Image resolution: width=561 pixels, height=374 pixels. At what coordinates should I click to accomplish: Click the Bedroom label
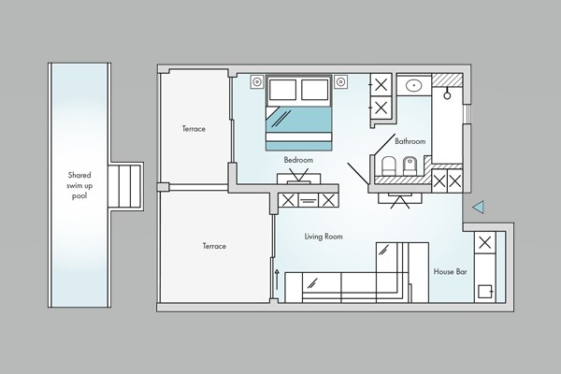pyautogui.click(x=298, y=160)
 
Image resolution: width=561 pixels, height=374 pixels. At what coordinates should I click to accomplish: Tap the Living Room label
pyautogui.click(x=324, y=237)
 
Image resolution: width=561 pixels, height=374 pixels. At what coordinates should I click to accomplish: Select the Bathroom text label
pyautogui.click(x=410, y=141)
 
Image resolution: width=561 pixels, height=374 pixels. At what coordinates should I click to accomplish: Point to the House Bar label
pyautogui.click(x=450, y=272)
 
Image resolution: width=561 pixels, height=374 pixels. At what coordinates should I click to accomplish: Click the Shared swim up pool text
pyautogui.click(x=79, y=185)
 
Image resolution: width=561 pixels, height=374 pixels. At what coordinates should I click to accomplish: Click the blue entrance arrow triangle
pyautogui.click(x=478, y=207)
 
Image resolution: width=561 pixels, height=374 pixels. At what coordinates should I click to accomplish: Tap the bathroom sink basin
pyautogui.click(x=413, y=85)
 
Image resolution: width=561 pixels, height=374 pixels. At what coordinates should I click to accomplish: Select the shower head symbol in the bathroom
pyautogui.click(x=447, y=93)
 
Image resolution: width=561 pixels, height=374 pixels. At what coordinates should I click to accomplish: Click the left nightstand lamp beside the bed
pyautogui.click(x=257, y=82)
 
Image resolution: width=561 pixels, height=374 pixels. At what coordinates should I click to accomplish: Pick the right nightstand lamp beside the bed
pyautogui.click(x=340, y=82)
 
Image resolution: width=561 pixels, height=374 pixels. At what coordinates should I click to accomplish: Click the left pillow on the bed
pyautogui.click(x=282, y=90)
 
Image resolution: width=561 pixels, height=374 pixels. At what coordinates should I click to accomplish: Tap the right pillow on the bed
pyautogui.click(x=315, y=90)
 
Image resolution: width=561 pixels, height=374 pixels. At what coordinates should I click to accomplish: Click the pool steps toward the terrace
pyautogui.click(x=125, y=186)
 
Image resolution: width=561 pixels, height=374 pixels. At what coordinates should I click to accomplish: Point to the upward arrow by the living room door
pyautogui.click(x=277, y=280)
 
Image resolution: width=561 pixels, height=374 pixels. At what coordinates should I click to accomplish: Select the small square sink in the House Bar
pyautogui.click(x=485, y=292)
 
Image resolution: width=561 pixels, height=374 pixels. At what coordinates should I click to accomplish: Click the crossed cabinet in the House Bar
pyautogui.click(x=484, y=243)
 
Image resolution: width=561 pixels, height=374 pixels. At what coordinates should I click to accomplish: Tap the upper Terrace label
pyautogui.click(x=194, y=129)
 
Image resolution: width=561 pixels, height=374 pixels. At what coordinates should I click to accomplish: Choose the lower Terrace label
pyautogui.click(x=214, y=246)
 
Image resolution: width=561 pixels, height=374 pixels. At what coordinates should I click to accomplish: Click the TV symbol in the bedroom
pyautogui.click(x=299, y=178)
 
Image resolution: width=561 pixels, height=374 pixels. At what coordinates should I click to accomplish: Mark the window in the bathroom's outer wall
pyautogui.click(x=467, y=114)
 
